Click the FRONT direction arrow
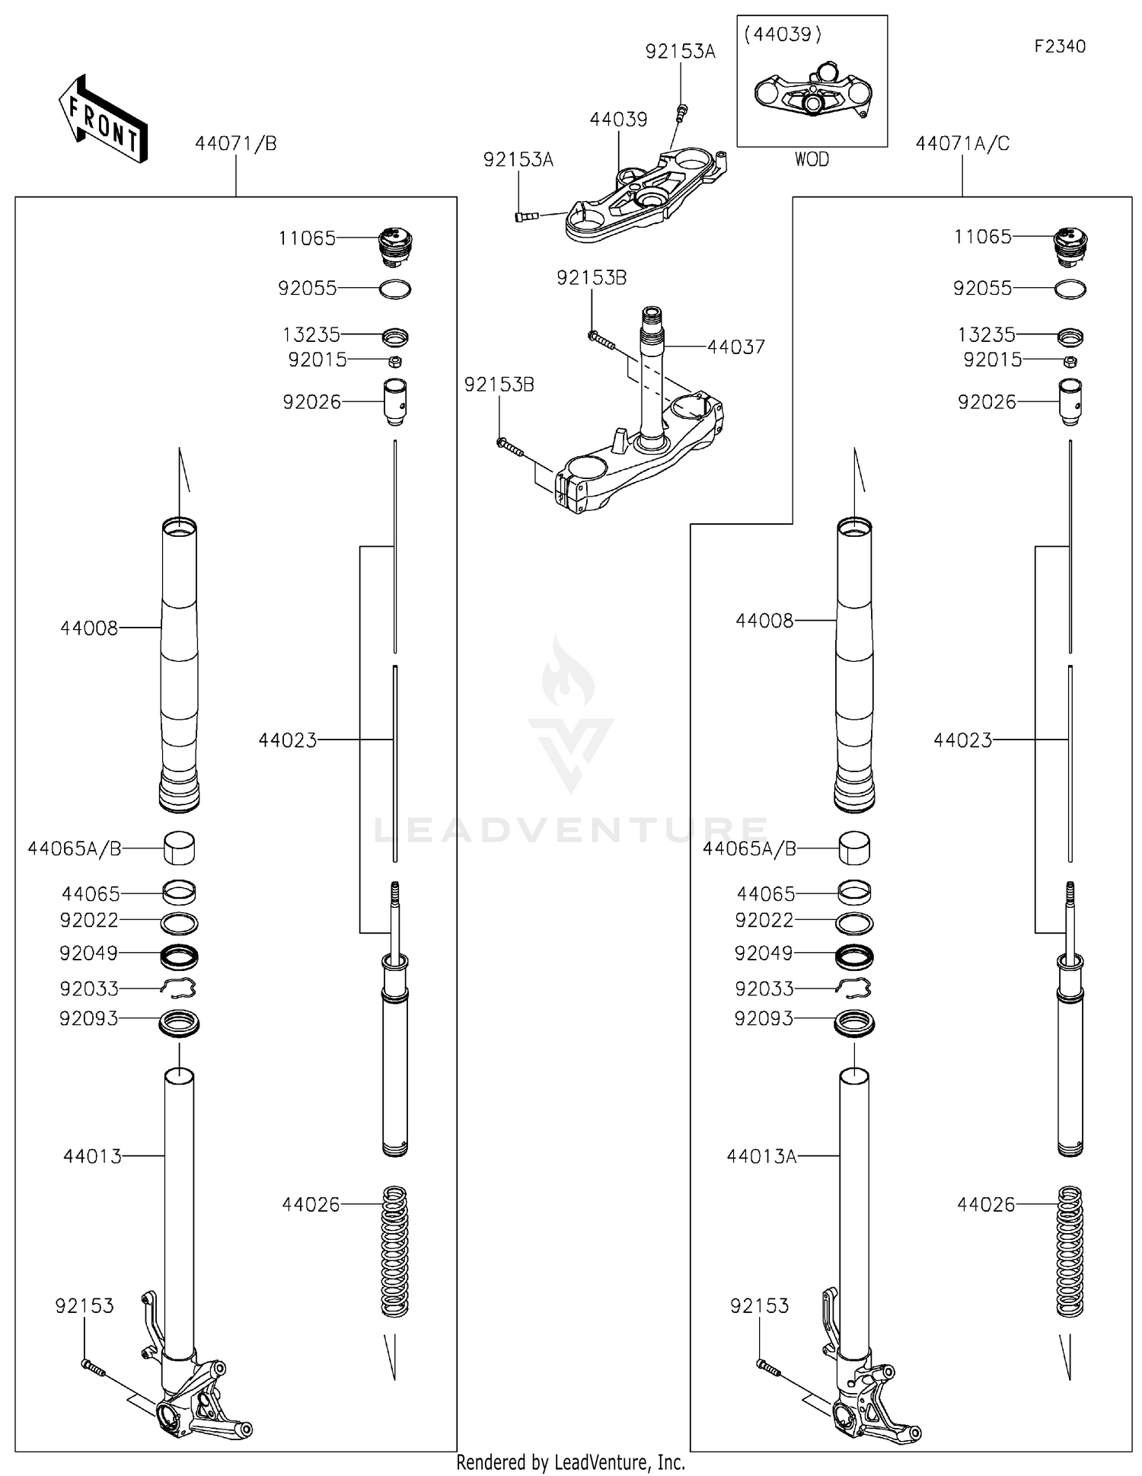(x=102, y=120)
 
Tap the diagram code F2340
(x=1059, y=46)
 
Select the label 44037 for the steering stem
(x=735, y=347)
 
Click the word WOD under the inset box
(x=812, y=159)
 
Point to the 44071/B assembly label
(x=235, y=143)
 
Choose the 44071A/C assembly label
(x=962, y=143)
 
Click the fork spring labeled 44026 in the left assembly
(x=394, y=1251)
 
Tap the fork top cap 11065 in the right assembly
(x=1070, y=246)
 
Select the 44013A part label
(x=761, y=1156)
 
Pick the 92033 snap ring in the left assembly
(x=178, y=988)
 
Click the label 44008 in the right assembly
(x=764, y=621)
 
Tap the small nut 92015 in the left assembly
(x=394, y=361)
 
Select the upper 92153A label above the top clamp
(x=680, y=52)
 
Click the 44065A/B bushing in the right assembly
(x=854, y=848)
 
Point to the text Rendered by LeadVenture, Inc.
(x=570, y=1462)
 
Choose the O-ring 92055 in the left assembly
(x=394, y=289)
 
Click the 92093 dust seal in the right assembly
(x=854, y=1022)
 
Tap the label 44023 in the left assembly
(x=287, y=740)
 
